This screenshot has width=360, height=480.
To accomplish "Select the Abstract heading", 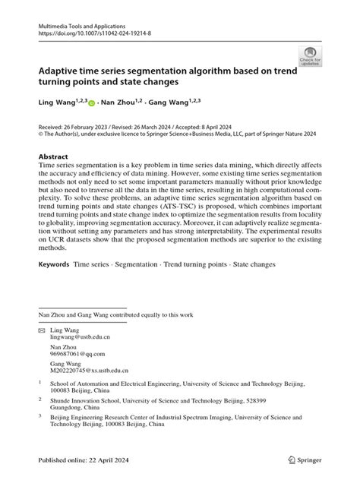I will (x=58, y=156).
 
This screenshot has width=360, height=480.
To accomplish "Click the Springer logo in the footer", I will (x=305, y=459).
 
